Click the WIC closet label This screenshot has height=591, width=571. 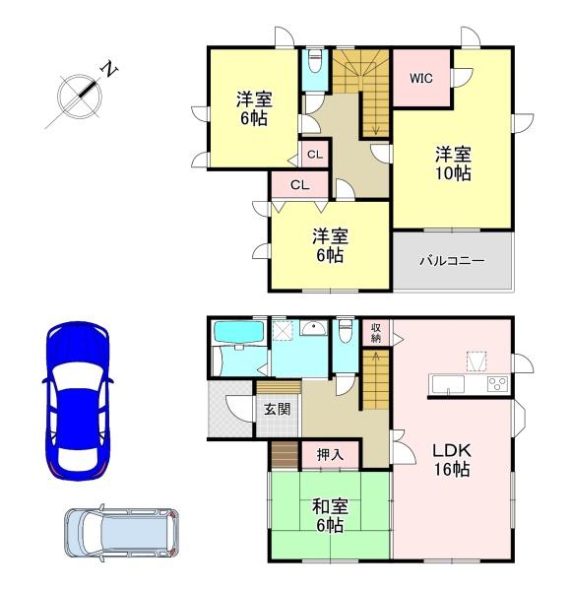click(422, 77)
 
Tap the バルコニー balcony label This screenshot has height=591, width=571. click(452, 261)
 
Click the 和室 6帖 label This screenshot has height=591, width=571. click(328, 517)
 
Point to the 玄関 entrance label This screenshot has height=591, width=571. click(277, 408)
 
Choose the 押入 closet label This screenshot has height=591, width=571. click(330, 455)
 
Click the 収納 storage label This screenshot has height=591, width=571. click(376, 332)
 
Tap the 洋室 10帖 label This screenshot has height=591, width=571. click(453, 164)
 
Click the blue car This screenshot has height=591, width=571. click(79, 398)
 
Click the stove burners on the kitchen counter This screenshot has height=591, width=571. click(496, 383)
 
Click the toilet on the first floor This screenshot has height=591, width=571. click(343, 334)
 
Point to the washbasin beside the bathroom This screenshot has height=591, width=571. click(313, 331)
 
